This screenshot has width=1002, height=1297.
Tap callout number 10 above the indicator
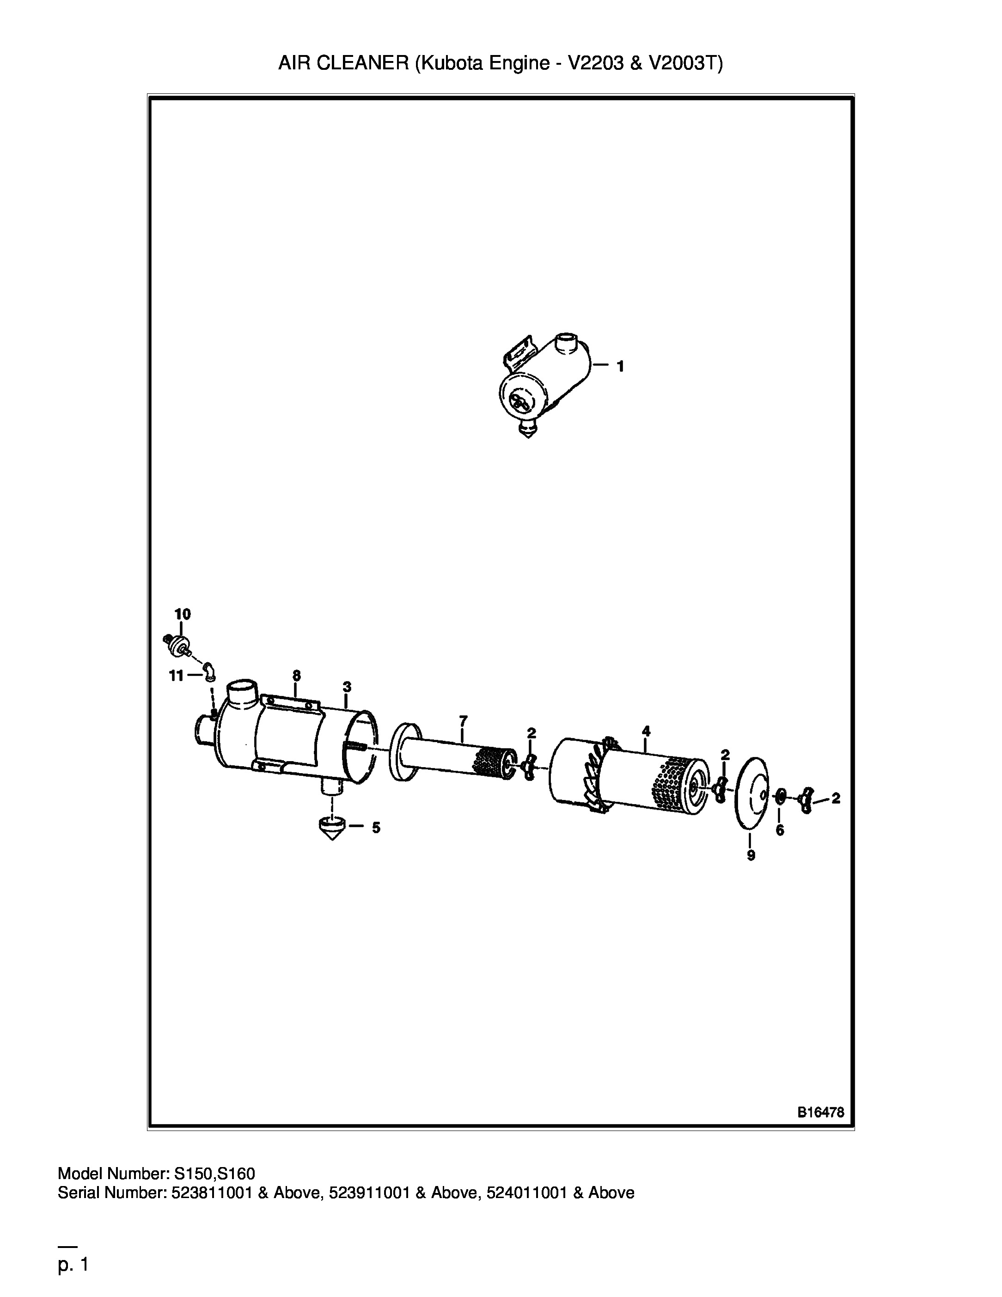[182, 614]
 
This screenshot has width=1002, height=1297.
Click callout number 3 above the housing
[347, 687]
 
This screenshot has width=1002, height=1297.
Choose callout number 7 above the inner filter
[463, 720]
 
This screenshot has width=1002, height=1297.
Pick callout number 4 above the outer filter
[647, 731]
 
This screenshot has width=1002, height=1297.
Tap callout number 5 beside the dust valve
[376, 828]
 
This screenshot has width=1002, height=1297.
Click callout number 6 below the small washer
[780, 830]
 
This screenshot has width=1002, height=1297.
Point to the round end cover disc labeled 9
[751, 793]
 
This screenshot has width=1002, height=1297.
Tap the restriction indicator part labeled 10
[177, 645]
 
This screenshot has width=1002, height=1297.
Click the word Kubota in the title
[451, 63]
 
